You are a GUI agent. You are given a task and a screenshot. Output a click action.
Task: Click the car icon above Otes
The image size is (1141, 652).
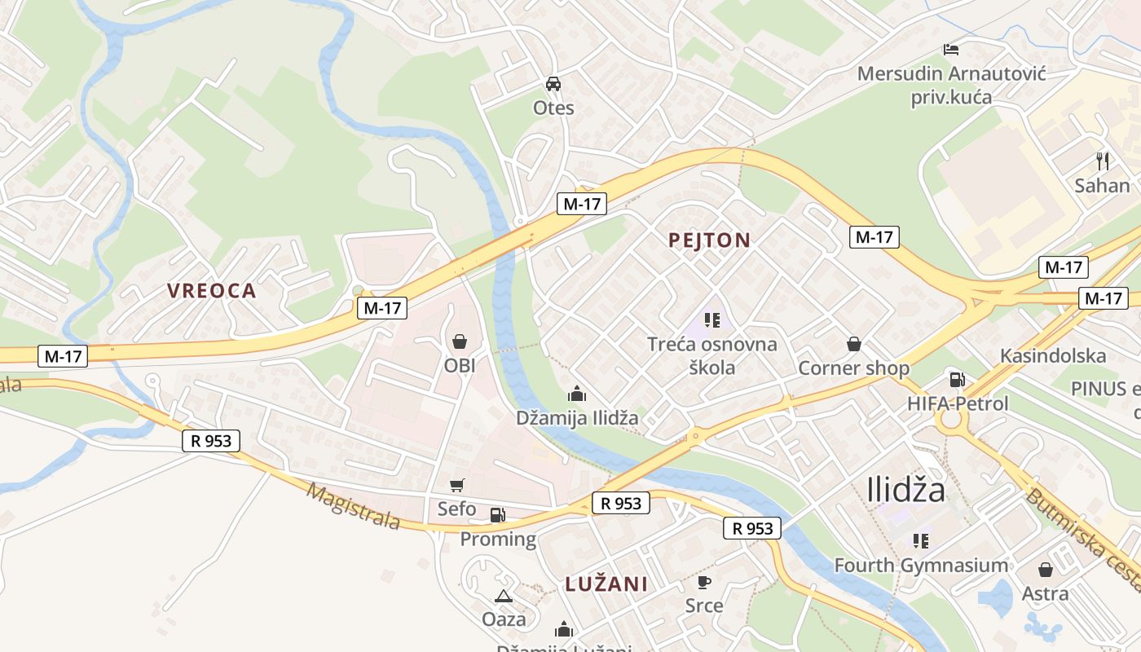[553, 84]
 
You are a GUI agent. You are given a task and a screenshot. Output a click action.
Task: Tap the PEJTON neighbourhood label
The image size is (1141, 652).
[709, 240]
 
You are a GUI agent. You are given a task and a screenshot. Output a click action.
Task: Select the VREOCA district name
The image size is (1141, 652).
[212, 291]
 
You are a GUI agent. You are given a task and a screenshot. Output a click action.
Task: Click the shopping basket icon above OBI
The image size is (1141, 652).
[460, 341]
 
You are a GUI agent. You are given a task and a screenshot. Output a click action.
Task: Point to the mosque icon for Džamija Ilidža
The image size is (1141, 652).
[577, 394]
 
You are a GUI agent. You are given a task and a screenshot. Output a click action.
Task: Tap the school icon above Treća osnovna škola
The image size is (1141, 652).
[712, 320]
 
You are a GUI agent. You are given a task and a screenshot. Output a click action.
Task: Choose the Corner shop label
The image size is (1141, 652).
[853, 368]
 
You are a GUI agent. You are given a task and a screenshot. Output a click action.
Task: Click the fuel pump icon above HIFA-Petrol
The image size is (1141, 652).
[957, 379]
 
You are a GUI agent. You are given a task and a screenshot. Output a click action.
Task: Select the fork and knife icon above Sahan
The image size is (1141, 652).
[1103, 161]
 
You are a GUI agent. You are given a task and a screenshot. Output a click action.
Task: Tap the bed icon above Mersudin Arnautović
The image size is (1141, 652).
[950, 49]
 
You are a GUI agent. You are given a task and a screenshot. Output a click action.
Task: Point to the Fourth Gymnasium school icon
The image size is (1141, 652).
[922, 540]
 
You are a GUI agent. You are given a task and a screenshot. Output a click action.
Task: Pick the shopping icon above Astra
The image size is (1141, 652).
[1046, 570]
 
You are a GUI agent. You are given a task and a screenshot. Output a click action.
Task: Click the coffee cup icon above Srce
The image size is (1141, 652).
[704, 582]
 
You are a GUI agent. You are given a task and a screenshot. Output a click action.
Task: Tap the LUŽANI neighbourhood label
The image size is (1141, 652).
[606, 584]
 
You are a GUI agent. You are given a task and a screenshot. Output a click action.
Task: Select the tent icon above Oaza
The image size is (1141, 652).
[504, 596]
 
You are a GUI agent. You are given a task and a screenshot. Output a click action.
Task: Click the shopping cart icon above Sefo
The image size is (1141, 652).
[457, 485]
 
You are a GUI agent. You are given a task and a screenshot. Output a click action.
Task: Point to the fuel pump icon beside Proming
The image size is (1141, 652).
[497, 515]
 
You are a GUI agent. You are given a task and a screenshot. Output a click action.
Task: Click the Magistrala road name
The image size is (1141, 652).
[354, 506]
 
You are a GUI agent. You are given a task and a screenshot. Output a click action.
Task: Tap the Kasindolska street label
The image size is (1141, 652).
[1053, 355]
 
